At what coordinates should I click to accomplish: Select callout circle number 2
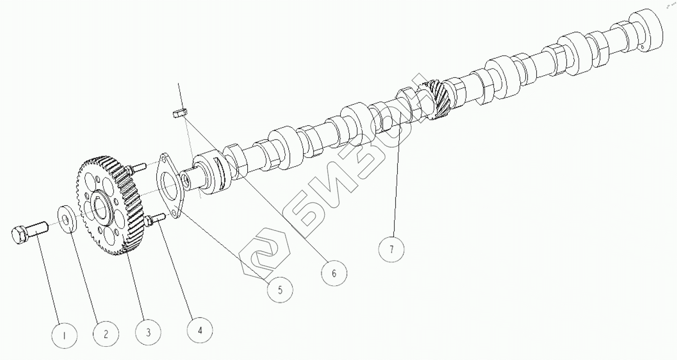[105, 334]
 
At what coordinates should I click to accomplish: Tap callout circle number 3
[147, 331]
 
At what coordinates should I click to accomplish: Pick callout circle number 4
[200, 329]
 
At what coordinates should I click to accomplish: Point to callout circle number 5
[280, 289]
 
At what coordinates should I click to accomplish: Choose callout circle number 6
[334, 273]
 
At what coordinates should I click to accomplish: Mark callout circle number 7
[392, 249]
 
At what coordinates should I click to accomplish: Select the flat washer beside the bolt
[67, 217]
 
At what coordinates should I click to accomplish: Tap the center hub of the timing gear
[102, 208]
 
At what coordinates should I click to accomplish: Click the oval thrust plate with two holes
[170, 187]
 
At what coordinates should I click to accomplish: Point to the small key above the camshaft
[180, 113]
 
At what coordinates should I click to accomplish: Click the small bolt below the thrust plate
[156, 219]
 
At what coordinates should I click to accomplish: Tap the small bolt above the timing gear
[137, 167]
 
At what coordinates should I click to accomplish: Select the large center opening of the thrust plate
[169, 186]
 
